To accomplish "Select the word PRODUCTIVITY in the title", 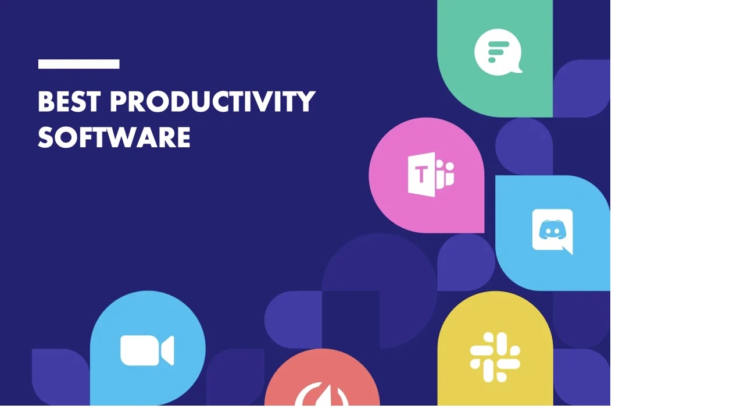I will (x=212, y=102).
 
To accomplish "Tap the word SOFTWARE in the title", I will (x=114, y=138).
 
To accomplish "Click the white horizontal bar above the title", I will (x=78, y=64).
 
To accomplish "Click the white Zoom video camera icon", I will (x=147, y=350).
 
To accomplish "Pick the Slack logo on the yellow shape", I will (x=495, y=357).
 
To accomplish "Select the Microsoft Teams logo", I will (x=431, y=175).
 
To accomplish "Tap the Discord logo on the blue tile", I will (x=552, y=231).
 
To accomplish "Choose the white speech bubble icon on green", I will (x=498, y=52).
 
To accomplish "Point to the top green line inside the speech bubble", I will (x=499, y=44).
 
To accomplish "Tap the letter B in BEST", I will (x=46, y=102).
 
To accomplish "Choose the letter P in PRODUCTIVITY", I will (x=119, y=102).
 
